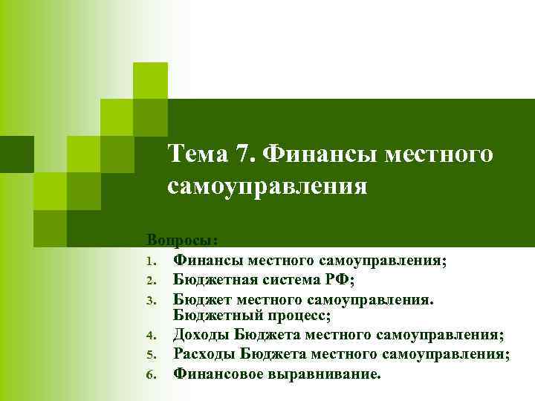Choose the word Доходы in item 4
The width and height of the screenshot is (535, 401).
(200, 336)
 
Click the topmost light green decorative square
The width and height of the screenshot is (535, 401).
(150, 79)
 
